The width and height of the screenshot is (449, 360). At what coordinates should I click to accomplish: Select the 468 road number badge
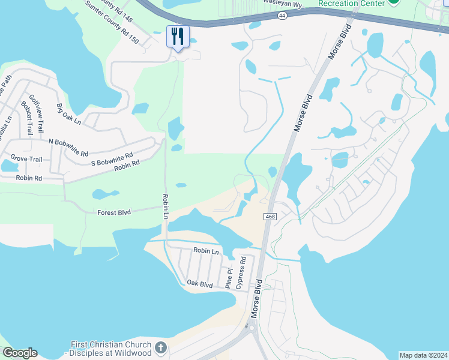[x=269, y=216]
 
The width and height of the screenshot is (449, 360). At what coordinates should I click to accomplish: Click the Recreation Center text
[x=351, y=4]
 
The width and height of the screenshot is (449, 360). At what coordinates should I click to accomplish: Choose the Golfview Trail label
[x=37, y=113]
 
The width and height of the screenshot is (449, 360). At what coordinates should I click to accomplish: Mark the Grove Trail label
[x=25, y=160]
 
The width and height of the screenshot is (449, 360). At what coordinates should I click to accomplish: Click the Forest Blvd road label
[x=115, y=212]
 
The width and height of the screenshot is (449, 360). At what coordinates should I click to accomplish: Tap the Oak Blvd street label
[x=200, y=283]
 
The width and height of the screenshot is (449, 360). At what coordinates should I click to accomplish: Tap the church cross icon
[x=160, y=347]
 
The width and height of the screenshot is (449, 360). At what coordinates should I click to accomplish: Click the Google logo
[x=20, y=353]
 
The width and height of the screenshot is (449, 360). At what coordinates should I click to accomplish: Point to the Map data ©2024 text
[x=423, y=355]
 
